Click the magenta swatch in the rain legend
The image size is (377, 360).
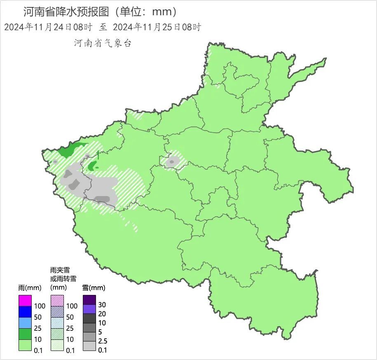25,301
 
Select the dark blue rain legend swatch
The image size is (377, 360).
25,312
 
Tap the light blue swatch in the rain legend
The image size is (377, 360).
25,323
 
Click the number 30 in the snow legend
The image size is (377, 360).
103,304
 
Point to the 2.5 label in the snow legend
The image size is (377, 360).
103,341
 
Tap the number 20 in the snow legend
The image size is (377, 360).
103,313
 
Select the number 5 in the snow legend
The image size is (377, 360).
101,332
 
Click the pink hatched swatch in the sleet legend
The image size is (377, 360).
57,301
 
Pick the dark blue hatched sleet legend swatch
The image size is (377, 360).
57,312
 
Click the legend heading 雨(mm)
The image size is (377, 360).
28,287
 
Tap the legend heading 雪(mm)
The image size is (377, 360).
94,287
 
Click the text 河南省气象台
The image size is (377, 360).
103,43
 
